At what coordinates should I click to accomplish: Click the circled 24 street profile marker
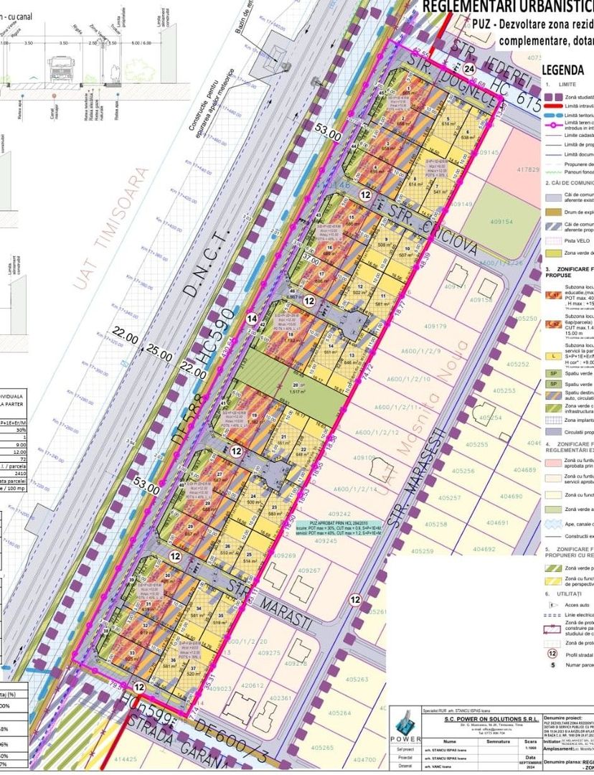pos(469,68)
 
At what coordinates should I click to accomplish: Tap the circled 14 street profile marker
pos(251,318)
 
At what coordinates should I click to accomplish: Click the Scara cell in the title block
pos(530,741)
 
